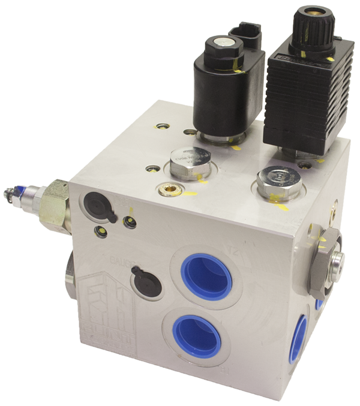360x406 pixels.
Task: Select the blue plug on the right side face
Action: [298, 339]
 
